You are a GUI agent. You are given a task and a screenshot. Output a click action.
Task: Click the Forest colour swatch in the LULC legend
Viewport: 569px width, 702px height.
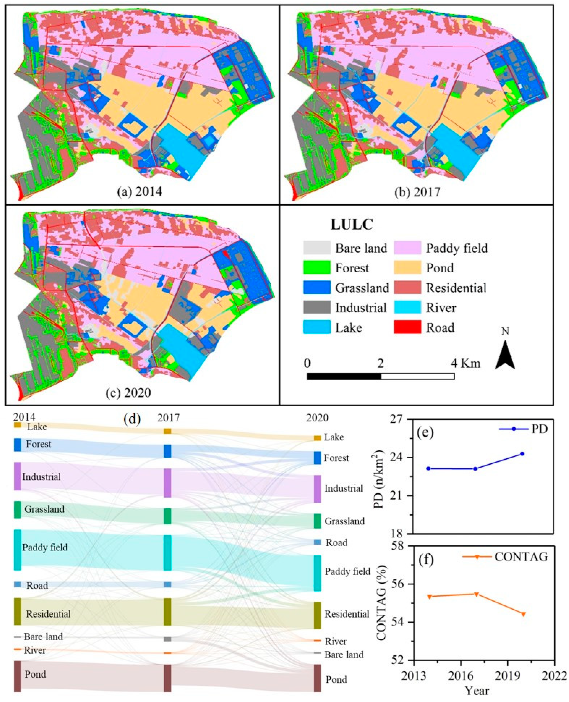coord(317,268)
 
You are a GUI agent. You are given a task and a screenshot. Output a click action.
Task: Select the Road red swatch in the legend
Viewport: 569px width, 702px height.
coord(407,327)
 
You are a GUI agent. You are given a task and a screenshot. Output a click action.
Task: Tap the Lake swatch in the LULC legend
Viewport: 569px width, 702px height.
coord(317,327)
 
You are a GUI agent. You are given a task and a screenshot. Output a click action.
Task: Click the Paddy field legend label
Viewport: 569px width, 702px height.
coord(457,248)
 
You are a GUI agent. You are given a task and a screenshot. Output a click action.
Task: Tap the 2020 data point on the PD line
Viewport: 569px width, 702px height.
coord(522,454)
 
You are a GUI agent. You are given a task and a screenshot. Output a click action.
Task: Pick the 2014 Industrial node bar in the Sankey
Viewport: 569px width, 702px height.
coord(18,476)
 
